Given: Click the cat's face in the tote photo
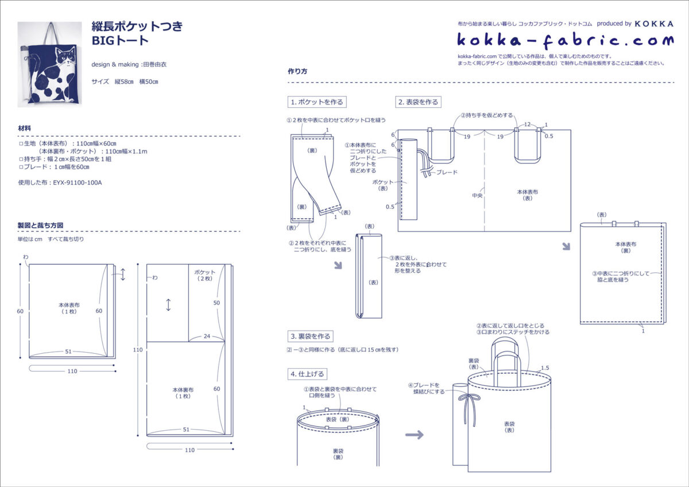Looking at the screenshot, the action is pyautogui.click(x=66, y=56).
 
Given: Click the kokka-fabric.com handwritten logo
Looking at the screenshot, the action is pyautogui.click(x=566, y=40).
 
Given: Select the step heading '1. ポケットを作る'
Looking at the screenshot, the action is pyautogui.click(x=317, y=102).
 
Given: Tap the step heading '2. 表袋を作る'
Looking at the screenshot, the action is pyautogui.click(x=418, y=102).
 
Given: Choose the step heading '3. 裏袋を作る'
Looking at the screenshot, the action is pyautogui.click(x=311, y=337).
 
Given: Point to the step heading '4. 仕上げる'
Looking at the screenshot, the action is pyautogui.click(x=307, y=374).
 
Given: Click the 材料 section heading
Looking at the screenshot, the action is pyautogui.click(x=24, y=128).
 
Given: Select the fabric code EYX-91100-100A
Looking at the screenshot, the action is pyautogui.click(x=77, y=183).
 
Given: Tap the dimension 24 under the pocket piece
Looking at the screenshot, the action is pyautogui.click(x=207, y=337).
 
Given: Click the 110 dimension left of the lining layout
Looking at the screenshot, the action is pyautogui.click(x=138, y=350).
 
